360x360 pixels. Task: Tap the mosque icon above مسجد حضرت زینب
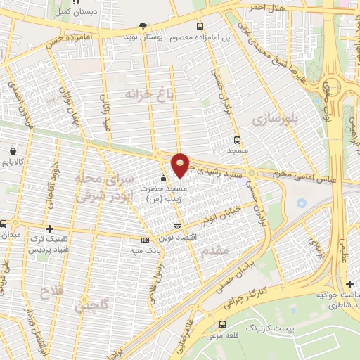[x=163, y=179]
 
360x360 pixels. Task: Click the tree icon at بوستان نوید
[x=144, y=26]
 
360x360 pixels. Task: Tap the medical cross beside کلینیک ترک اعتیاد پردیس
[x=49, y=229]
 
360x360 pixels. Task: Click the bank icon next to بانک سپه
[x=145, y=240]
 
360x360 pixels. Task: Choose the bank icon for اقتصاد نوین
[x=177, y=226]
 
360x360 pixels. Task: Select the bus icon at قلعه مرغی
[x=223, y=324]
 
